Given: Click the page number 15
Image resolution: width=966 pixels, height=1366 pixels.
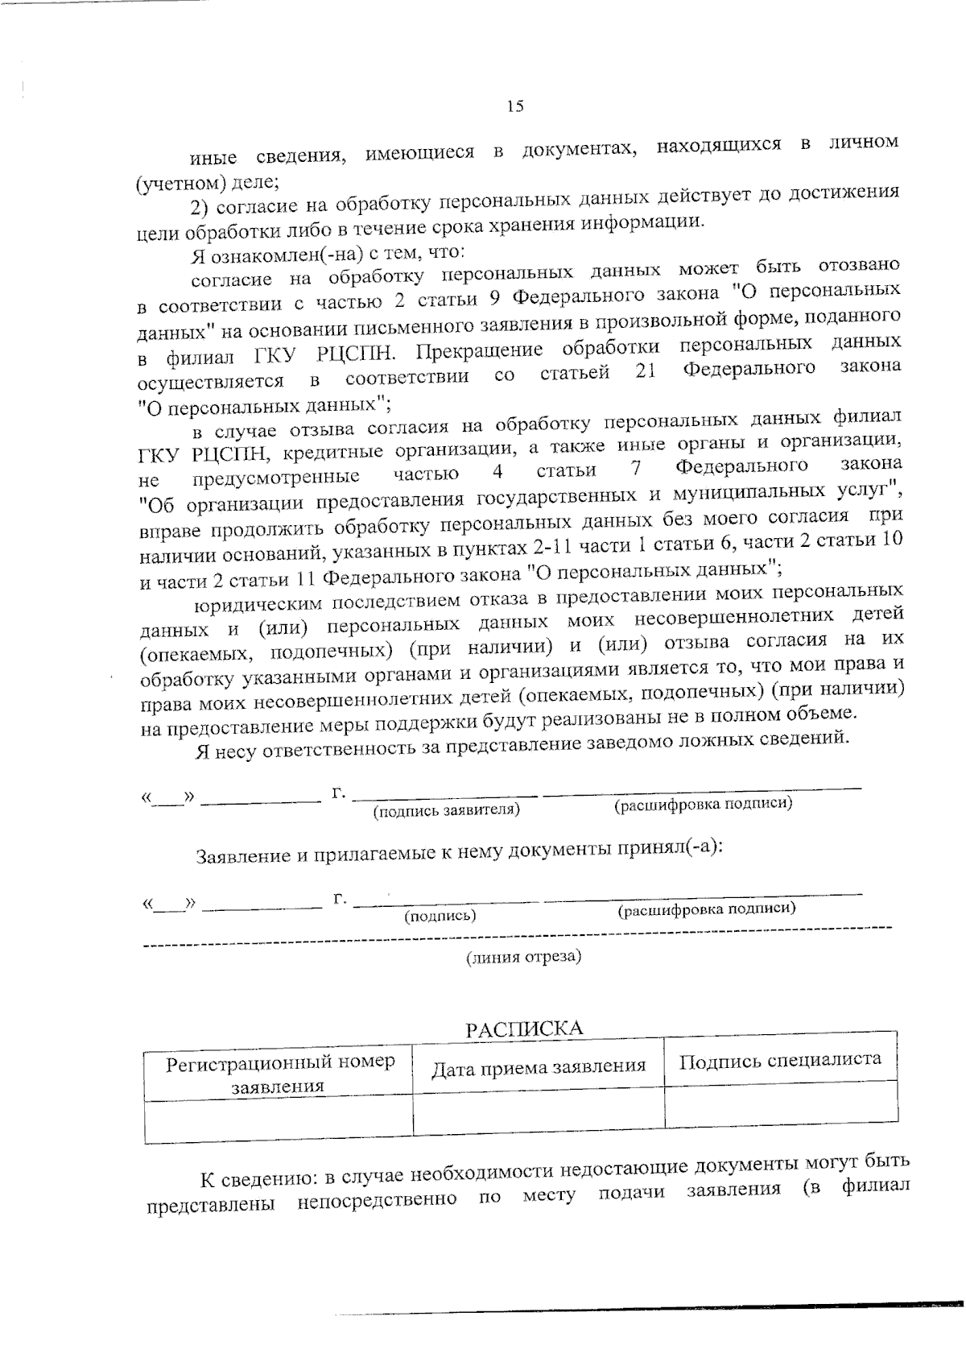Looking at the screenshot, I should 515,106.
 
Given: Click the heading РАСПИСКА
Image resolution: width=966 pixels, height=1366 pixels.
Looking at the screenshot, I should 524,1029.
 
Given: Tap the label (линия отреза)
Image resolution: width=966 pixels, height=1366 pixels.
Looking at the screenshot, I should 524,957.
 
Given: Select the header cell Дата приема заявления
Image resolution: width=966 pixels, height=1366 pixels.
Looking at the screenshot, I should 539,1068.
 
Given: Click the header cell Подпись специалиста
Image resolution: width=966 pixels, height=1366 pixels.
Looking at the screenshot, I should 780,1060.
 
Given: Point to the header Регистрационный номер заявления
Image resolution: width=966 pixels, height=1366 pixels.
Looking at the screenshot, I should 279,1074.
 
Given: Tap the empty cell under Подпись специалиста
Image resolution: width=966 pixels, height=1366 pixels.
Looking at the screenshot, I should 781,1103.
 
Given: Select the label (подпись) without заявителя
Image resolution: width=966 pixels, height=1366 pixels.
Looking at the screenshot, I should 440,916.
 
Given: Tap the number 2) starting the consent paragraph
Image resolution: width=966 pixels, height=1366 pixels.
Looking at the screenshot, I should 199,208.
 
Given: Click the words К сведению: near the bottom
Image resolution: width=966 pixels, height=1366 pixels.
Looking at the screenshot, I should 258,1181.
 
